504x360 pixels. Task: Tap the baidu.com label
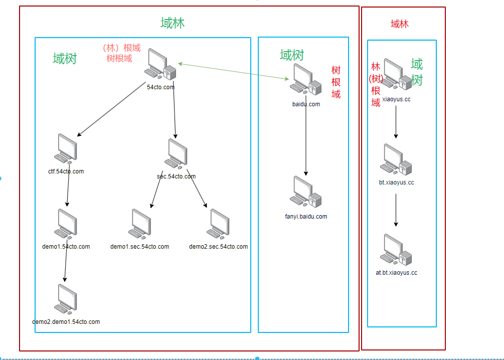306,104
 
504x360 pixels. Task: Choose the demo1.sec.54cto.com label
140,247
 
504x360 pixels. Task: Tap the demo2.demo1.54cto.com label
66,322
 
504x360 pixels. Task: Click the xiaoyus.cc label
396,99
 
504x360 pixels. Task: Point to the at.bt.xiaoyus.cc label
396,273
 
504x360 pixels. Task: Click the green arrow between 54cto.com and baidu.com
234,71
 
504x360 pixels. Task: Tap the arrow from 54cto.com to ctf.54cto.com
111,110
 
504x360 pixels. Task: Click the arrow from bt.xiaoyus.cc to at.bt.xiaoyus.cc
396,209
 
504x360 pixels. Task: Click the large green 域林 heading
173,23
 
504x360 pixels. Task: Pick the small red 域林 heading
399,24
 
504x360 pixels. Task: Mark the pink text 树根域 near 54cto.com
119,58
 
